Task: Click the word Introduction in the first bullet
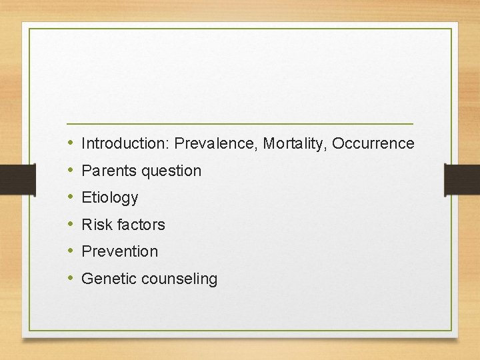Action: click(x=125, y=143)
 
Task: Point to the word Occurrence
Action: click(x=373, y=143)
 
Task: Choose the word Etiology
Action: click(x=109, y=198)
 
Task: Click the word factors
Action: click(x=141, y=225)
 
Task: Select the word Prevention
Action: click(x=119, y=251)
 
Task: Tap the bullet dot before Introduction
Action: click(x=71, y=143)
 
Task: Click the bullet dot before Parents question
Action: click(x=71, y=171)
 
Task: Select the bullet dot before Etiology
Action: click(x=71, y=197)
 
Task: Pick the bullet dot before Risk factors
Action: click(x=71, y=225)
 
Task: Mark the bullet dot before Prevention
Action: click(x=71, y=251)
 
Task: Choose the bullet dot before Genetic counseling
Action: click(x=71, y=279)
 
